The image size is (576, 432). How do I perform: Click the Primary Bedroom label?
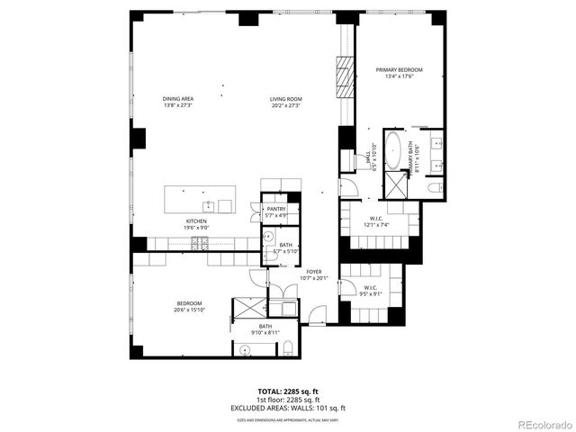399,69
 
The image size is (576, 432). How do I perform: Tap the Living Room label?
285,99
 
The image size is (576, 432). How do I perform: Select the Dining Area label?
178,99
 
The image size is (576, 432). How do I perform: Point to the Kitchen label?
197,220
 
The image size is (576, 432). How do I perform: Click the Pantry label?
276,209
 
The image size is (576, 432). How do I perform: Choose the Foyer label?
313,271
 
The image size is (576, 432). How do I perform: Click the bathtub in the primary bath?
393,151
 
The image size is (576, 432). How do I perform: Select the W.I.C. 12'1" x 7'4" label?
378,220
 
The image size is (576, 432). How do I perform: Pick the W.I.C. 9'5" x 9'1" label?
371,289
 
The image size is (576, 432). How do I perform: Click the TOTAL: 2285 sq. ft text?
287,391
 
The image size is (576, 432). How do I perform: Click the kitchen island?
199,199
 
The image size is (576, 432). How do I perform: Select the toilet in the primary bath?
434,186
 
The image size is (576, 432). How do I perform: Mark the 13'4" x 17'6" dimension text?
399,76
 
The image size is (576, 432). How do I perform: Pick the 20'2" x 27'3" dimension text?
285,105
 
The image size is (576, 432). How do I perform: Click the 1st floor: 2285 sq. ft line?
287,400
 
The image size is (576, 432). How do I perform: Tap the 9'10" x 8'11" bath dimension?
265,333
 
